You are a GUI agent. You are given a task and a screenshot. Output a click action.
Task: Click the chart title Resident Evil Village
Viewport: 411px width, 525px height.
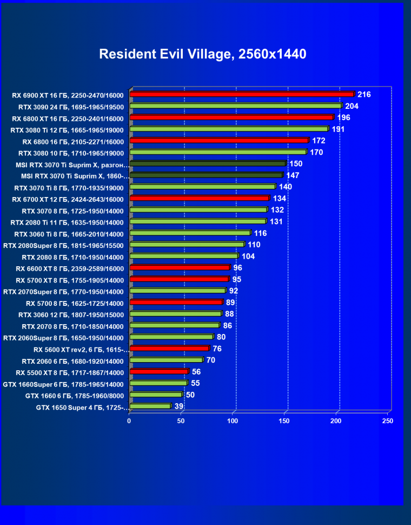point(203,54)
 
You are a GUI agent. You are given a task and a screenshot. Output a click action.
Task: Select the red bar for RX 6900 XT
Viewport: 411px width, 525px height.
point(242,95)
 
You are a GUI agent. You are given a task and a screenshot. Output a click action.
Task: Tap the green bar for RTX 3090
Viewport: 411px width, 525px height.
point(236,106)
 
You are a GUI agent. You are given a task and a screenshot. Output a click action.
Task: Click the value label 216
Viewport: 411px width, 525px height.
point(364,95)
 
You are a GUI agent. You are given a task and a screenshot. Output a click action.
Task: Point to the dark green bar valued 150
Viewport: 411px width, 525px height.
point(208,163)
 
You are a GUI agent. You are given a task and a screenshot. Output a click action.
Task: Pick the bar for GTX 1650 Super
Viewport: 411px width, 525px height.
point(150,406)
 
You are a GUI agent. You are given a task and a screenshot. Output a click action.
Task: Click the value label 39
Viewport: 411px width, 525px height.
point(178,406)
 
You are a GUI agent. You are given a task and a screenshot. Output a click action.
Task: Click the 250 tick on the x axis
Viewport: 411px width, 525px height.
point(388,421)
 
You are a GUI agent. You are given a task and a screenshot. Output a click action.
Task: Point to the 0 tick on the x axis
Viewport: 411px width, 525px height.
point(129,421)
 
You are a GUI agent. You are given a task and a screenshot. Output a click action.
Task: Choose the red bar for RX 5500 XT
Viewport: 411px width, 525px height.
point(159,372)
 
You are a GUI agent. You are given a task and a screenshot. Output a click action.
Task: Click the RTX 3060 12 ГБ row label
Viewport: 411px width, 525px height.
point(71,315)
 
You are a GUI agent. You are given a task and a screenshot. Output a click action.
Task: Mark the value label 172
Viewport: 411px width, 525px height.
point(319,141)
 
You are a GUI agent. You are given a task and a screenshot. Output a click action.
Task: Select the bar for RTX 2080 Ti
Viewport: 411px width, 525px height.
point(198,221)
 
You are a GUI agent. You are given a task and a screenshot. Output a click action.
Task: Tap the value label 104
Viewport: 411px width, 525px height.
point(248,256)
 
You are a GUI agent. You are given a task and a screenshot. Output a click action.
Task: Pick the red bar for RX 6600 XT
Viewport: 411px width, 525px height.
point(180,267)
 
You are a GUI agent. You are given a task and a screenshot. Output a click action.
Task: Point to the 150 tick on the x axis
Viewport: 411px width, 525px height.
point(284,421)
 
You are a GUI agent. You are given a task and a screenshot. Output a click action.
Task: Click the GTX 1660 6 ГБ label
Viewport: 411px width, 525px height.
point(75,396)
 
